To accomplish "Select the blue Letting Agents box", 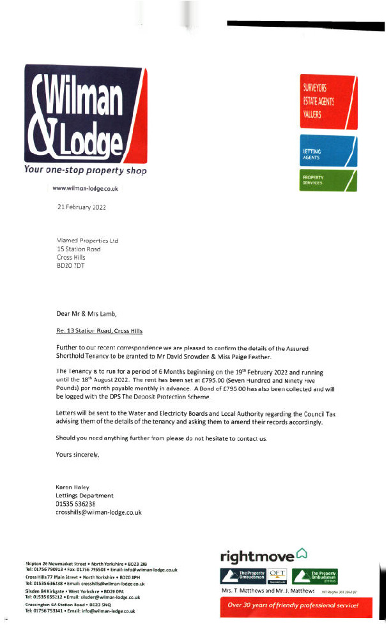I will point(328,151).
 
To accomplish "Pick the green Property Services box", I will point(328,179).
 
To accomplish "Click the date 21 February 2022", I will point(82,208).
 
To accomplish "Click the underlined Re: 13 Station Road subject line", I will point(100,331).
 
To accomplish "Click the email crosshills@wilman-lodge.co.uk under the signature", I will point(99,512).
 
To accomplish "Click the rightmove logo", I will point(265,556).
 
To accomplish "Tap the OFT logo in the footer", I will point(279,575).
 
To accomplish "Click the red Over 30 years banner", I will point(293,605).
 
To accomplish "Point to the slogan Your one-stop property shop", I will point(85,170).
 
